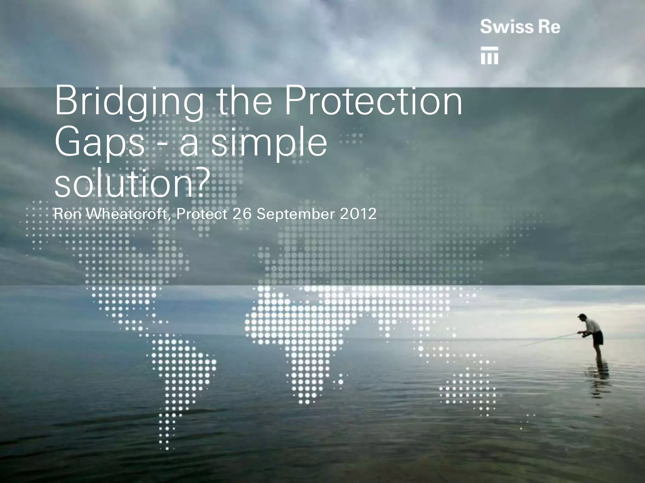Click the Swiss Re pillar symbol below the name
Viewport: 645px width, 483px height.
tap(489, 56)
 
